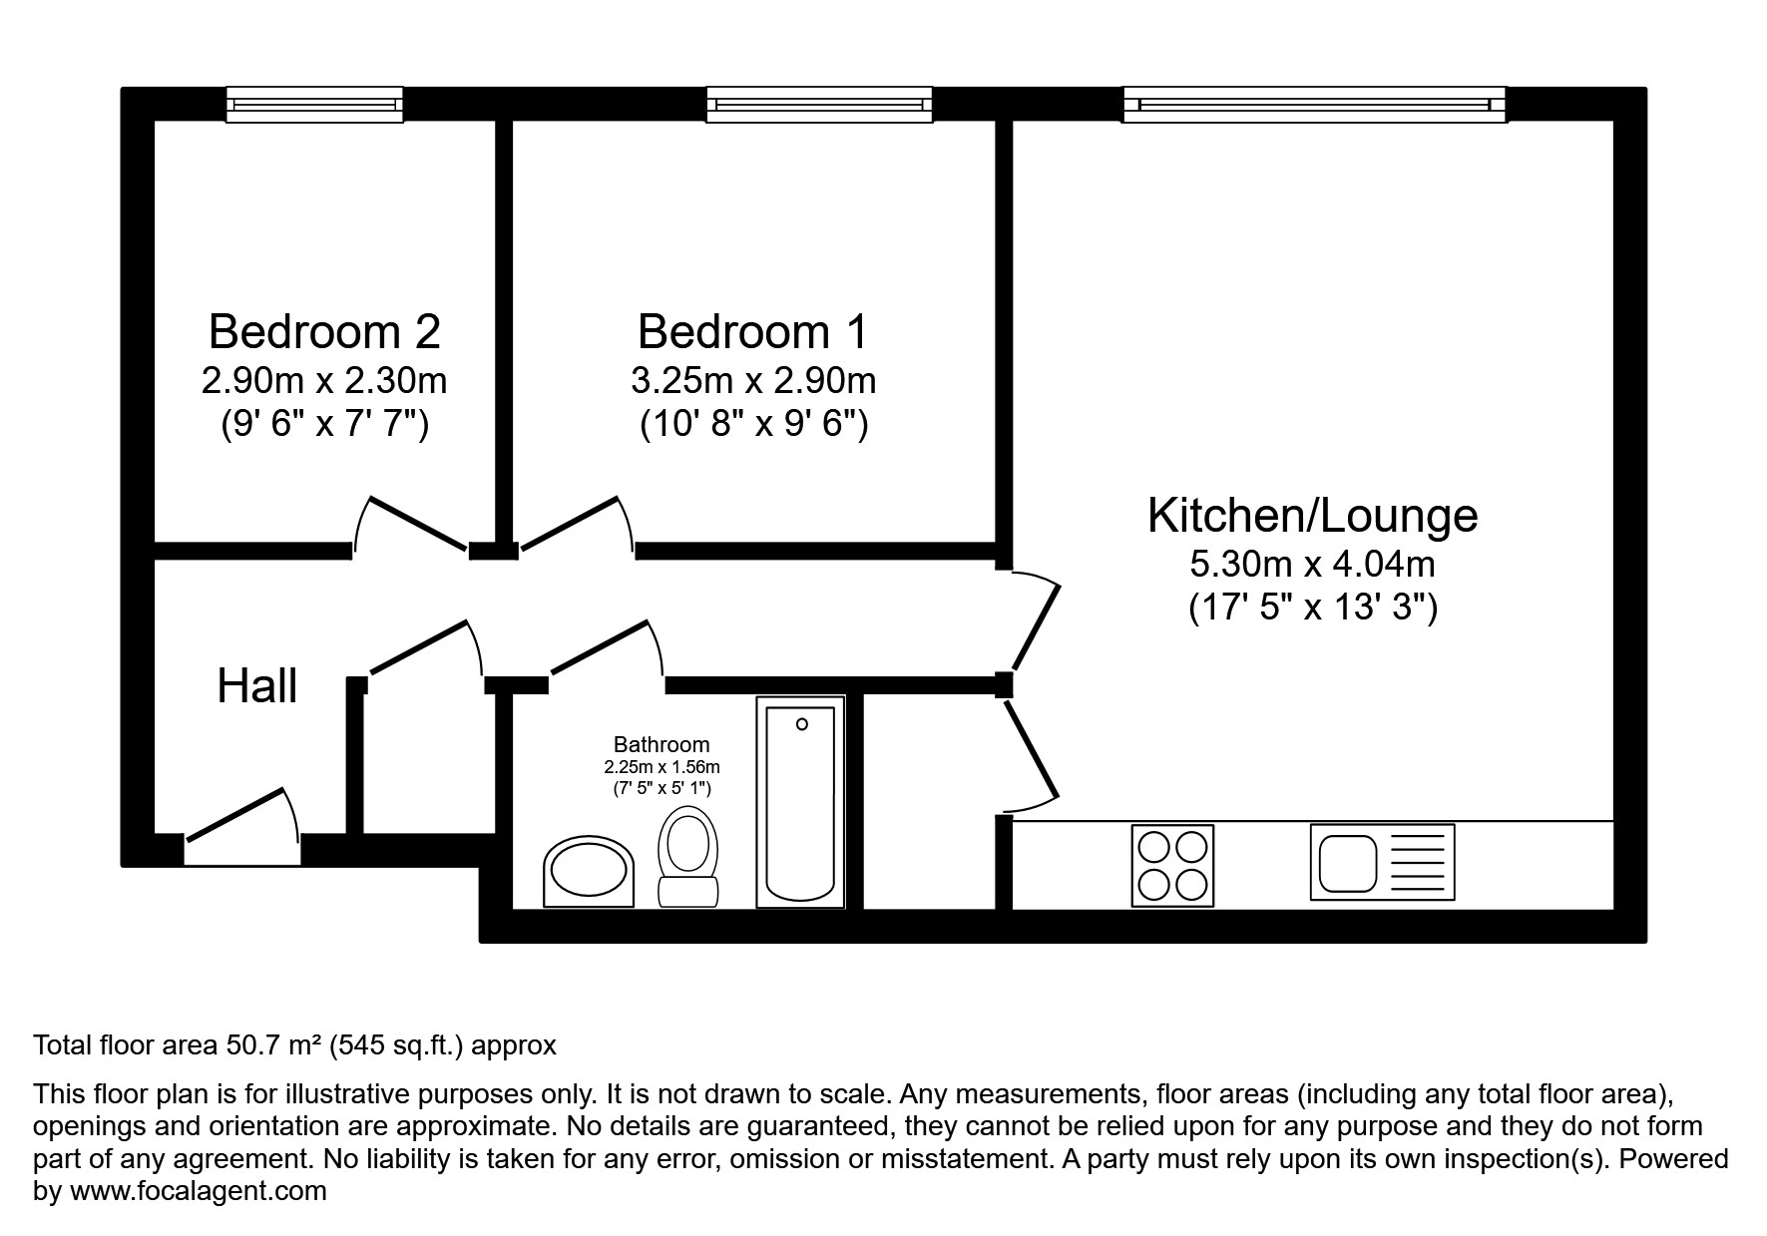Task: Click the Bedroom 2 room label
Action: point(324,331)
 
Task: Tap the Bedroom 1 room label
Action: point(752,331)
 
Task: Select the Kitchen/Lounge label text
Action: point(1312,515)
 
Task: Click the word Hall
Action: point(257,686)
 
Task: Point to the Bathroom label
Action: point(662,744)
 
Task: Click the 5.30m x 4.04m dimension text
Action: point(1312,565)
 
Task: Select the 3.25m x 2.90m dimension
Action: point(752,380)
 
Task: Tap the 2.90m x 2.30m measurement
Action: point(324,380)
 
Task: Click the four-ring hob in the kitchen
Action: point(1172,865)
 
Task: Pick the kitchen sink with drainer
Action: point(1382,862)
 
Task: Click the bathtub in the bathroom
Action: point(800,802)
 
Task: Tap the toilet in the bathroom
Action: point(688,858)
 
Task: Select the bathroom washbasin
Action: point(589,872)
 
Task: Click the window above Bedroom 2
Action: point(314,104)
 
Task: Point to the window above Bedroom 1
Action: point(819,104)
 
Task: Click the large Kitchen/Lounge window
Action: point(1314,104)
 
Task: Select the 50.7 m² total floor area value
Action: point(272,1045)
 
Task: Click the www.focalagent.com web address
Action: point(198,1191)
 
